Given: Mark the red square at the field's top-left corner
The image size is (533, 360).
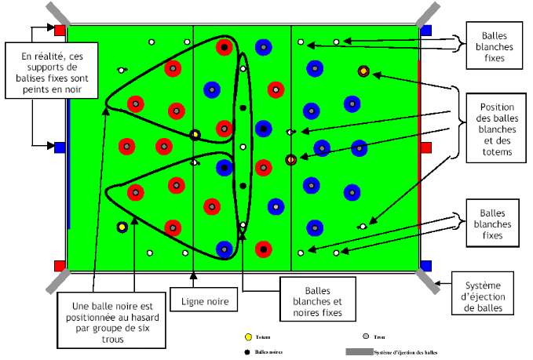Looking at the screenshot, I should tap(60, 31).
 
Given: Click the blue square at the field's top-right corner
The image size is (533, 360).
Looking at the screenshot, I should tap(426, 31).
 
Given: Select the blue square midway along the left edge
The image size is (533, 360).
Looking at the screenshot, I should tap(60, 147).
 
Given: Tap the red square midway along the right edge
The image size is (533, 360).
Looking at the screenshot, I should tap(426, 147).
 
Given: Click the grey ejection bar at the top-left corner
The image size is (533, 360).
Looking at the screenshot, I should tap(57, 14).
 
